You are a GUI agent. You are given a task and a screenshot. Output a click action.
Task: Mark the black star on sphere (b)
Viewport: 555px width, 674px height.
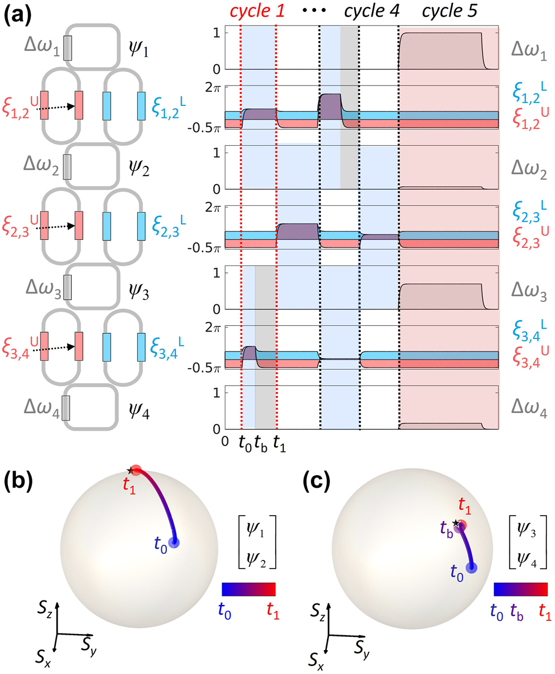[131, 471]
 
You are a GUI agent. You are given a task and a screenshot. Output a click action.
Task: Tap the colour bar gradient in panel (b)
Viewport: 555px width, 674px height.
[248, 589]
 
